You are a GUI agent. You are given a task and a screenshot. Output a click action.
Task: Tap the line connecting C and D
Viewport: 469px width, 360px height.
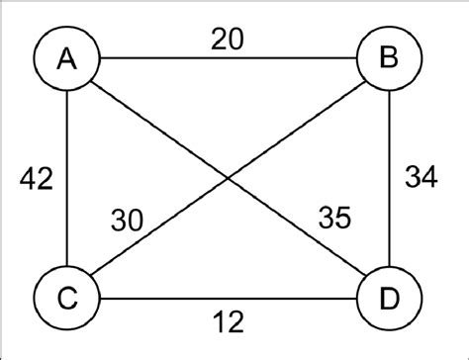pos(297,296)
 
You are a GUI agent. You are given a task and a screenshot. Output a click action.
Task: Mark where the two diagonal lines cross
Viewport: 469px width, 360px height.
pos(229,178)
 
